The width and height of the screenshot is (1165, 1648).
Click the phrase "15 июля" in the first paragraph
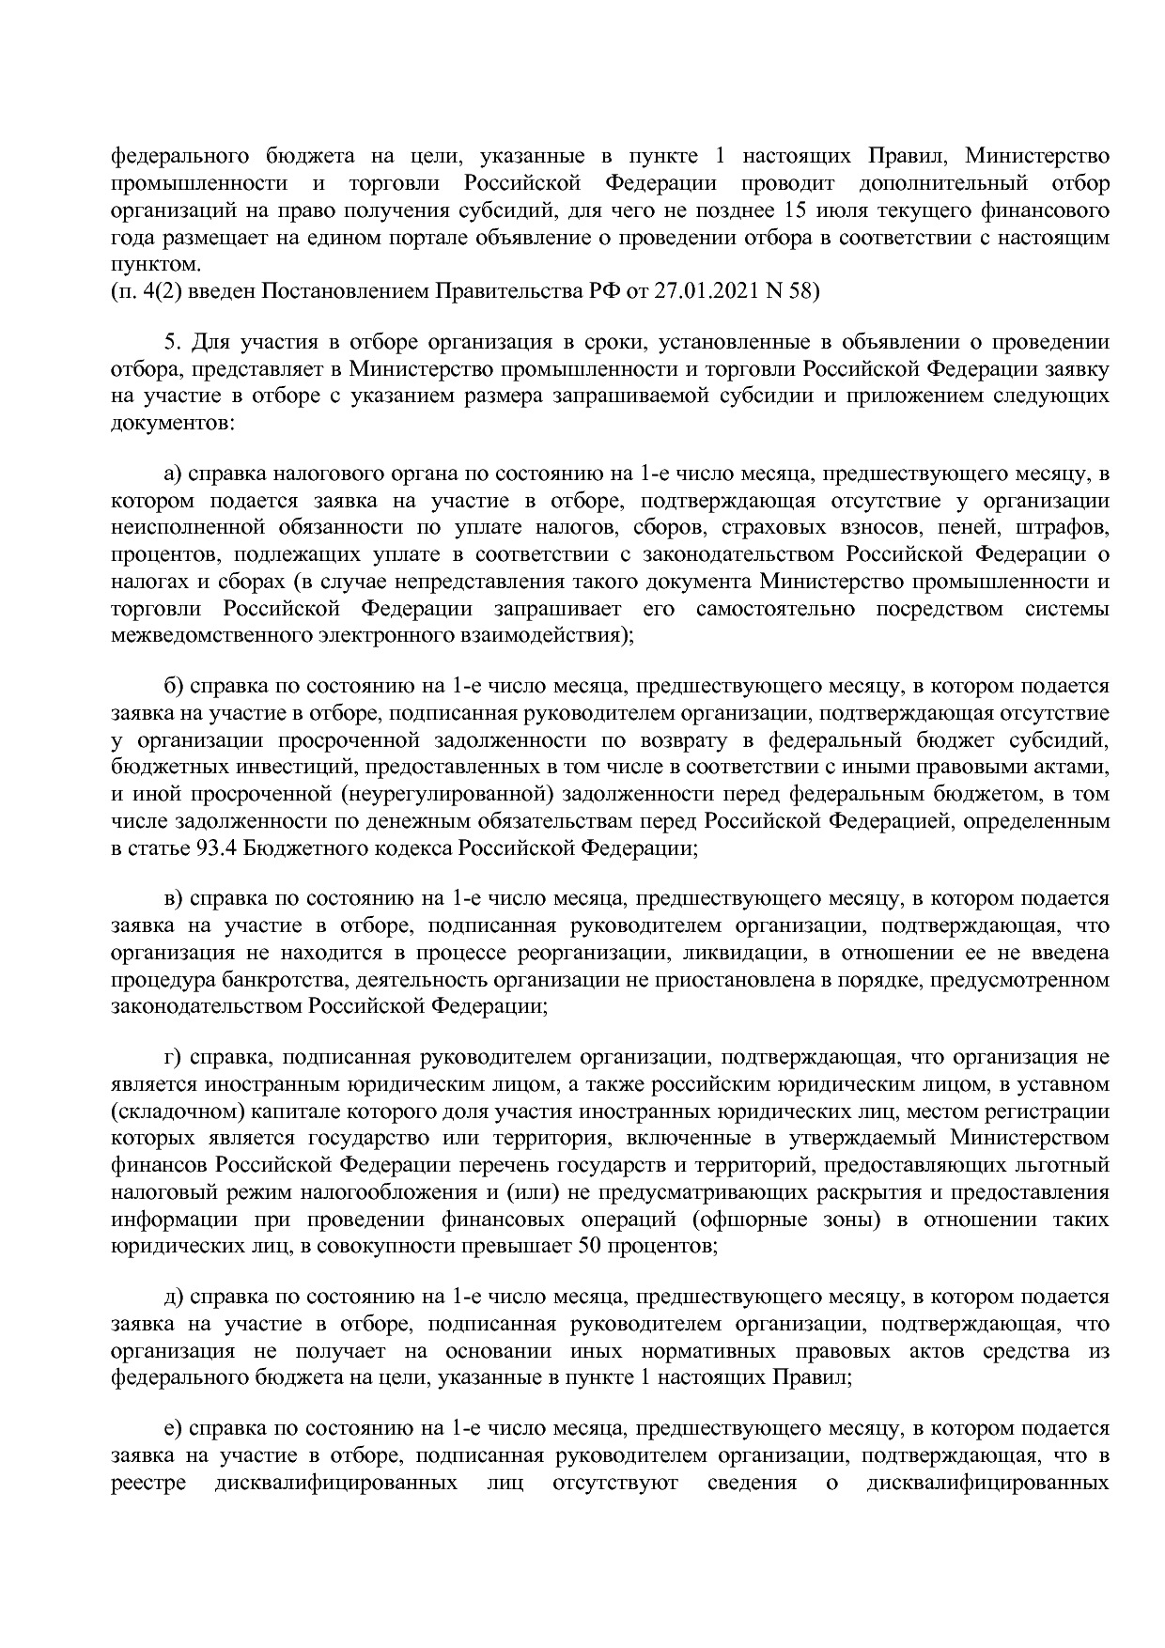tap(801, 210)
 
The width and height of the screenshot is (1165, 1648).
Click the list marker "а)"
tap(174, 474)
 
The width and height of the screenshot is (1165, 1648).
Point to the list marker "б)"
tap(174, 687)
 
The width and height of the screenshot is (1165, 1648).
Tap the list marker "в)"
tap(174, 899)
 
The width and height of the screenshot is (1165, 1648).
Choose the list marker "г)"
tap(173, 1057)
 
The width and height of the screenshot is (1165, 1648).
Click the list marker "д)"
tap(174, 1298)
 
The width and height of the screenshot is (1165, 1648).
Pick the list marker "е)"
tap(173, 1429)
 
